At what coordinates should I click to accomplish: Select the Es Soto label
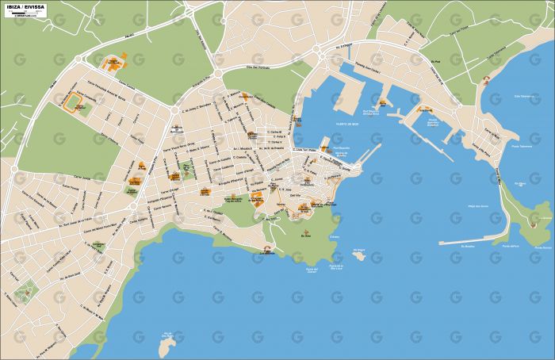click(307, 235)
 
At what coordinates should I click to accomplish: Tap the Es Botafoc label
click(456, 247)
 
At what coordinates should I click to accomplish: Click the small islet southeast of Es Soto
click(358, 255)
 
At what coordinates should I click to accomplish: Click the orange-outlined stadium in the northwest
click(78, 101)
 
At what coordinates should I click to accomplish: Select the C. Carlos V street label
click(275, 142)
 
